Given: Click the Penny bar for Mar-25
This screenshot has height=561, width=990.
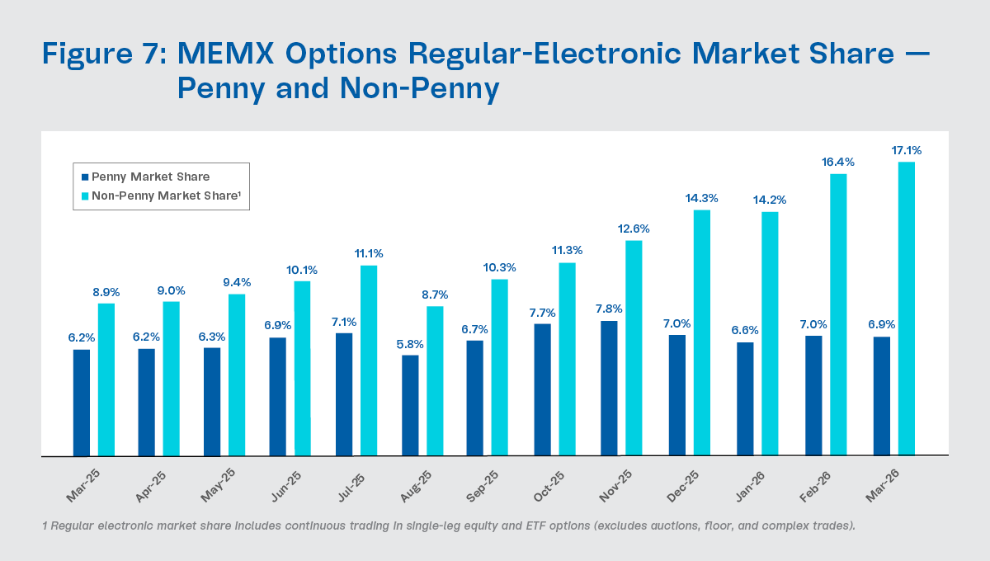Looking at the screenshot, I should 81,403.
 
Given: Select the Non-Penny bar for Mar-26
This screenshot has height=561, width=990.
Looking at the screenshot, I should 907,309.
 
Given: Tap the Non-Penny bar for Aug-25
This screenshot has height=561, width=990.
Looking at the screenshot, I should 435,381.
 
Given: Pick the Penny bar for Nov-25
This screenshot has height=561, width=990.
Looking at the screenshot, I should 609,388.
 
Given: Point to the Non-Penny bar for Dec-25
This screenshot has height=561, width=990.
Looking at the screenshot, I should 702,332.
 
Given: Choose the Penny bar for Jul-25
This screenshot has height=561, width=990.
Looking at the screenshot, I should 344,394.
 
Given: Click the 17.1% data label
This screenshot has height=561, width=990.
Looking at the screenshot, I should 907,151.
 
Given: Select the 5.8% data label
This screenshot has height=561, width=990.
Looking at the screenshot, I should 410,344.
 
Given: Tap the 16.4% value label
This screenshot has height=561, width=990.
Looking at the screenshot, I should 839,163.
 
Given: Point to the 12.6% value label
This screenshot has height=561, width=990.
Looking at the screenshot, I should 634,229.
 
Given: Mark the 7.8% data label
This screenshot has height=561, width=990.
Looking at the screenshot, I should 609,309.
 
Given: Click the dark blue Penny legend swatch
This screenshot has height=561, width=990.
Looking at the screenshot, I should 85,177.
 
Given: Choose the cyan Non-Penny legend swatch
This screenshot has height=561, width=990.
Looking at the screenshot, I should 85,196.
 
